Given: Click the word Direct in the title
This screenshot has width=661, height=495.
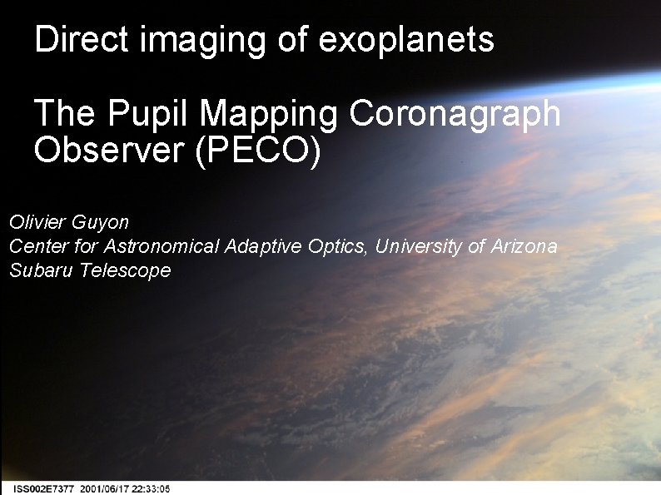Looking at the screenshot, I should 82,39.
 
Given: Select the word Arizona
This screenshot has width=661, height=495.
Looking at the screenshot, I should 523,246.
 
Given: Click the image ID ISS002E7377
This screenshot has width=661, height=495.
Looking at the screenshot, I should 44,489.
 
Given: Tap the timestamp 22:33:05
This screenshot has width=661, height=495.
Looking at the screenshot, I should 152,489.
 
